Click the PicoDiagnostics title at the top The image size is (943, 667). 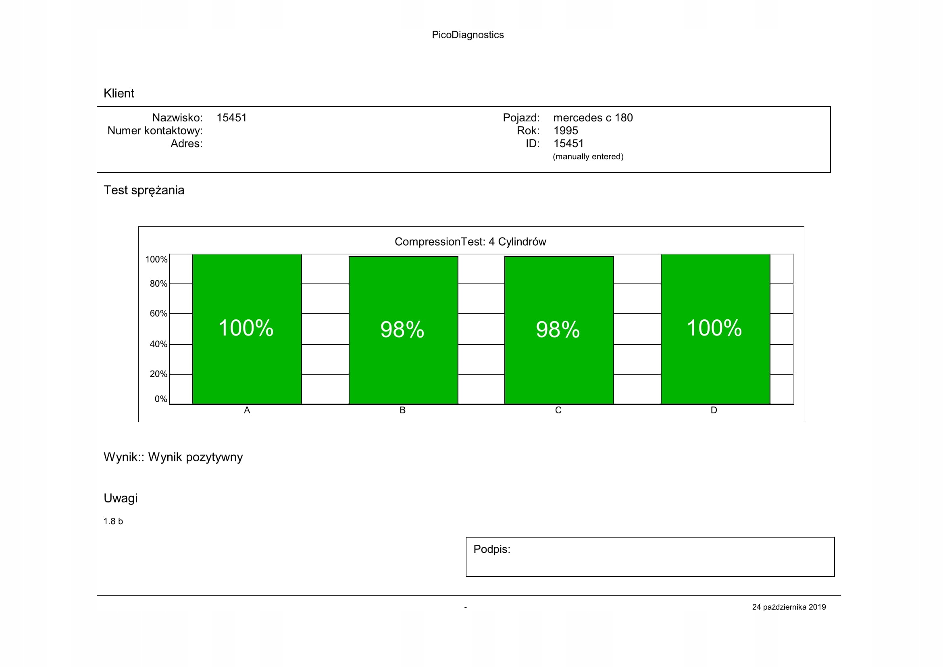[467, 35]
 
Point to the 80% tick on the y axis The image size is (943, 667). [158, 284]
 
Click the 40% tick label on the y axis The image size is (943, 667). [158, 344]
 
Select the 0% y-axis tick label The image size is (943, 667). [160, 399]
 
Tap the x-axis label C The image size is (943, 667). [558, 410]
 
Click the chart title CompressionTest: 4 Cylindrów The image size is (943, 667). [470, 242]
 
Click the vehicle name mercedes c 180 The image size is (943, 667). [593, 118]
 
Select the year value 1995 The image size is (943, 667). [566, 131]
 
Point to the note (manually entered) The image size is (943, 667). [588, 156]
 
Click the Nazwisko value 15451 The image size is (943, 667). [232, 118]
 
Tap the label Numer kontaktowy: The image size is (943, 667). [155, 131]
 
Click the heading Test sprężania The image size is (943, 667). [144, 190]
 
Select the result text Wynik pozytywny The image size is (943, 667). [196, 457]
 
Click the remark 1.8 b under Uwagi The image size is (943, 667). [113, 521]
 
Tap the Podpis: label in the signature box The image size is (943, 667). [491, 549]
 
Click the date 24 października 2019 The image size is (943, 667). [789, 607]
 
